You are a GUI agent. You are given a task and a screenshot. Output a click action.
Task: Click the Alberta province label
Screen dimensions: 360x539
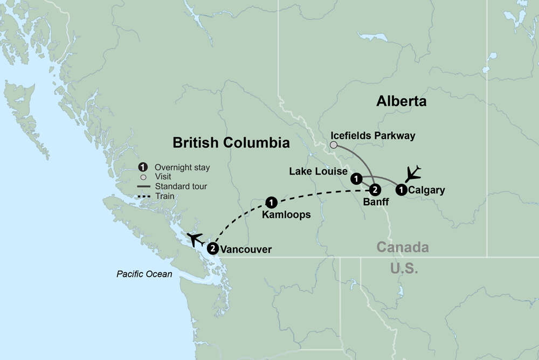coord(402,101)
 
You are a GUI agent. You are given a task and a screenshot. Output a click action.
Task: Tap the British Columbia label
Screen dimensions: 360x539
coord(231,143)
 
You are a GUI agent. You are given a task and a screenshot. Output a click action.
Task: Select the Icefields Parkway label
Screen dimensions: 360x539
coord(373,136)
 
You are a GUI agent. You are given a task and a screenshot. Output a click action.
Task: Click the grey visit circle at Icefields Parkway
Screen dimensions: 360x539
coord(334,145)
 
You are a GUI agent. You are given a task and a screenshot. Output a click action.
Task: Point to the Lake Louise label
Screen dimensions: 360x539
coord(318,171)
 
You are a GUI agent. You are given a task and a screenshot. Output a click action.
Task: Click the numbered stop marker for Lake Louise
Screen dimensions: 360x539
coord(356,178)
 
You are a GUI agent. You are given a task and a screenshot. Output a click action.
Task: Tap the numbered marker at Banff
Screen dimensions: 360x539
coord(375,189)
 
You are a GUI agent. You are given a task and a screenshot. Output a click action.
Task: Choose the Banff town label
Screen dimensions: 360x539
coord(376,203)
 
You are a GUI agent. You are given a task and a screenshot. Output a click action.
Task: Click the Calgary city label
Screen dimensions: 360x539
coord(426,190)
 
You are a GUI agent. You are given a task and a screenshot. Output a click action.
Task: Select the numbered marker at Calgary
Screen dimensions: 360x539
coord(402,189)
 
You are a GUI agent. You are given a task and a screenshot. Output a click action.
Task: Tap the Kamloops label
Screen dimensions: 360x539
coord(286,214)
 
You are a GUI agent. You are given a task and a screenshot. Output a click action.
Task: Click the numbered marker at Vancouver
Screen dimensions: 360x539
coord(213,248)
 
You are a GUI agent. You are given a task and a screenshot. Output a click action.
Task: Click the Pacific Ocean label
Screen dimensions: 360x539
coord(144,274)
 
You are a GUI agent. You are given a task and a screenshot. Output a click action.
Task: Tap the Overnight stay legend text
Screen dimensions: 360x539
coord(182,168)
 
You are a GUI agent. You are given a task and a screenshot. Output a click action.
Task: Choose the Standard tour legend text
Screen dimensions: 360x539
coord(181,186)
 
